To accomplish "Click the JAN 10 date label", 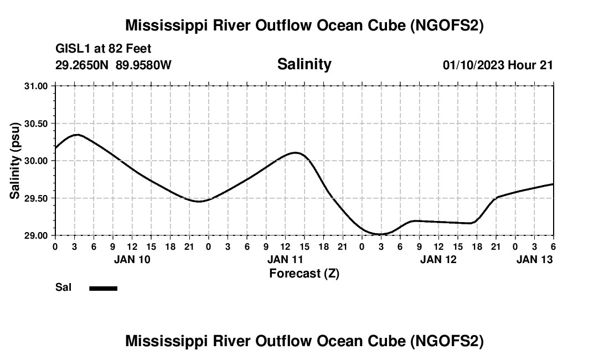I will click(x=132, y=259).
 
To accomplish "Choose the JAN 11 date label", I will click(x=285, y=259).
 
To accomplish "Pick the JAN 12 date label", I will click(x=438, y=259).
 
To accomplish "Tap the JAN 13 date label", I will click(x=534, y=259).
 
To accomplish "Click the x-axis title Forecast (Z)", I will click(x=304, y=273).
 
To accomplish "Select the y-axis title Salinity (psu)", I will click(x=16, y=161).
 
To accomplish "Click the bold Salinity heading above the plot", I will click(x=304, y=64).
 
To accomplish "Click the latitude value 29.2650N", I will click(x=82, y=65).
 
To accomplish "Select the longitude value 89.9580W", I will click(x=143, y=65).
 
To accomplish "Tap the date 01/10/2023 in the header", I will click(x=473, y=65).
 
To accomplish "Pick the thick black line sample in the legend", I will click(x=103, y=288).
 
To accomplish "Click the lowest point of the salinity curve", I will click(x=380, y=234).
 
